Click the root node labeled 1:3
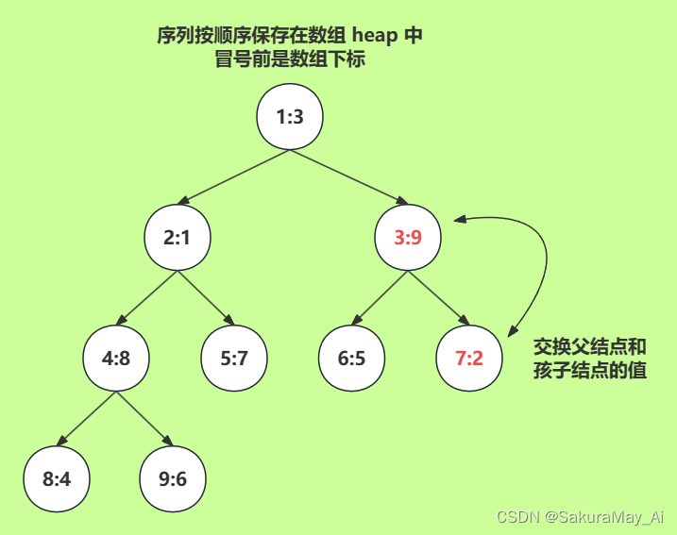click(x=290, y=117)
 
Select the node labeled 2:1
click(x=178, y=238)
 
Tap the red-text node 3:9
click(x=407, y=238)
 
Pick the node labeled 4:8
click(x=116, y=359)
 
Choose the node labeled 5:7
click(x=234, y=359)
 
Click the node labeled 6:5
click(x=352, y=359)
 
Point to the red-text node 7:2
click(x=469, y=359)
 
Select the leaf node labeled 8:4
click(x=57, y=478)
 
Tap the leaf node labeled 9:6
click(x=173, y=478)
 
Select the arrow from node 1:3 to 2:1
click(x=234, y=177)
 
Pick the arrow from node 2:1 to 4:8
click(x=147, y=298)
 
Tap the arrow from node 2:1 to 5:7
click(x=206, y=298)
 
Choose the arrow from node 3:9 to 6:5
click(x=380, y=298)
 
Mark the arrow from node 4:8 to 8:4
click(x=87, y=418)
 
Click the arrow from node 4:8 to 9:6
click(x=144, y=418)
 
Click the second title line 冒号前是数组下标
click(x=290, y=59)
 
